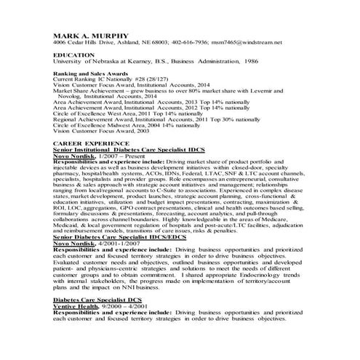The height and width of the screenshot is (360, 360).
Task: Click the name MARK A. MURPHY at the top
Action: (90, 34)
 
